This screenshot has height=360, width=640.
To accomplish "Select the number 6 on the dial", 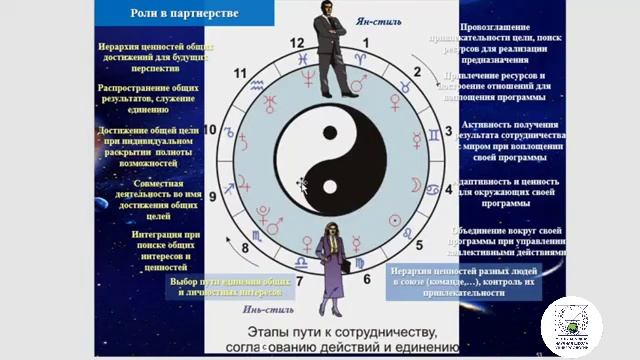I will click(367, 280).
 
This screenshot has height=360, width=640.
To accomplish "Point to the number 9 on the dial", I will click(212, 197).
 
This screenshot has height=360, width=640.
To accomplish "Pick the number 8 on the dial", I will click(246, 249).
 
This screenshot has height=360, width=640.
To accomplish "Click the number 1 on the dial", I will click(366, 43).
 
